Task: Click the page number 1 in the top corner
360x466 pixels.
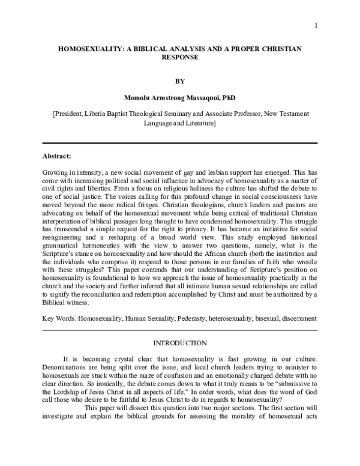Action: click(x=315, y=25)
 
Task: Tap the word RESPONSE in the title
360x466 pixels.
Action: click(x=179, y=59)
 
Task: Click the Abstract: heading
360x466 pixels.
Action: click(x=57, y=156)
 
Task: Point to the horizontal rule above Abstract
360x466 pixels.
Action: click(x=179, y=144)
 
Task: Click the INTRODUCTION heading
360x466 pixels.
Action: click(x=179, y=343)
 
